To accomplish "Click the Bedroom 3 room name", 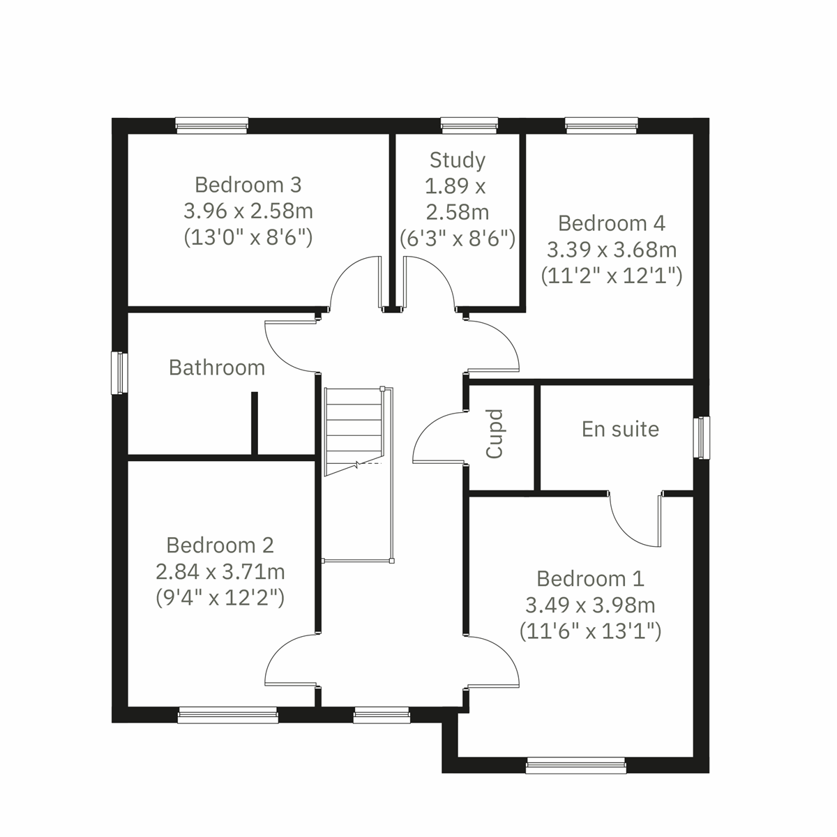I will pyautogui.click(x=248, y=185).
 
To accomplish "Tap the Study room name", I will pyautogui.click(x=458, y=160).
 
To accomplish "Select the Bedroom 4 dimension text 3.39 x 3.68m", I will pyautogui.click(x=612, y=250).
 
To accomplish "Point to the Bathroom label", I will pyautogui.click(x=217, y=368).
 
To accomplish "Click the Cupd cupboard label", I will pyautogui.click(x=495, y=434).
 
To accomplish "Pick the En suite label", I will pyautogui.click(x=620, y=429).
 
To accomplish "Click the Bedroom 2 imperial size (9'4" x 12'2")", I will pyautogui.click(x=220, y=598).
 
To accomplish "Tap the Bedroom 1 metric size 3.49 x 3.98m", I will pyautogui.click(x=590, y=605).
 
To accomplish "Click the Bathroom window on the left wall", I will pyautogui.click(x=120, y=372).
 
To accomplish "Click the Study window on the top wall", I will pyautogui.click(x=469, y=126).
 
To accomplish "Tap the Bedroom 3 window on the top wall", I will pyautogui.click(x=212, y=126).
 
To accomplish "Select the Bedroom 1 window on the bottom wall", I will pyautogui.click(x=576, y=766).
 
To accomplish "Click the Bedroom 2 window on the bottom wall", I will pyautogui.click(x=227, y=715).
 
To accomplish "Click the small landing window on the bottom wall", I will pyautogui.click(x=381, y=715).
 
